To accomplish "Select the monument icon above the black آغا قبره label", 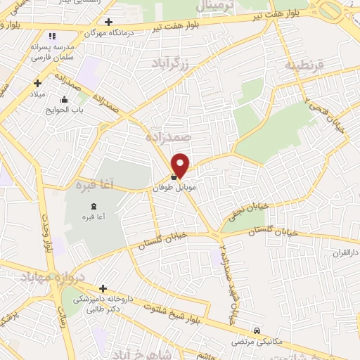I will (x=94, y=205).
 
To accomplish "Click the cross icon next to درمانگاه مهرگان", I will (x=108, y=22).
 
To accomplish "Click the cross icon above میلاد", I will (x=37, y=83).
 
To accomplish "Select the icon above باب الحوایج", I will (x=65, y=99).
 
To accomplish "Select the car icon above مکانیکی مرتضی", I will (x=258, y=330).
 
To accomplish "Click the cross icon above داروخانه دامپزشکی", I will (x=103, y=288).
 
